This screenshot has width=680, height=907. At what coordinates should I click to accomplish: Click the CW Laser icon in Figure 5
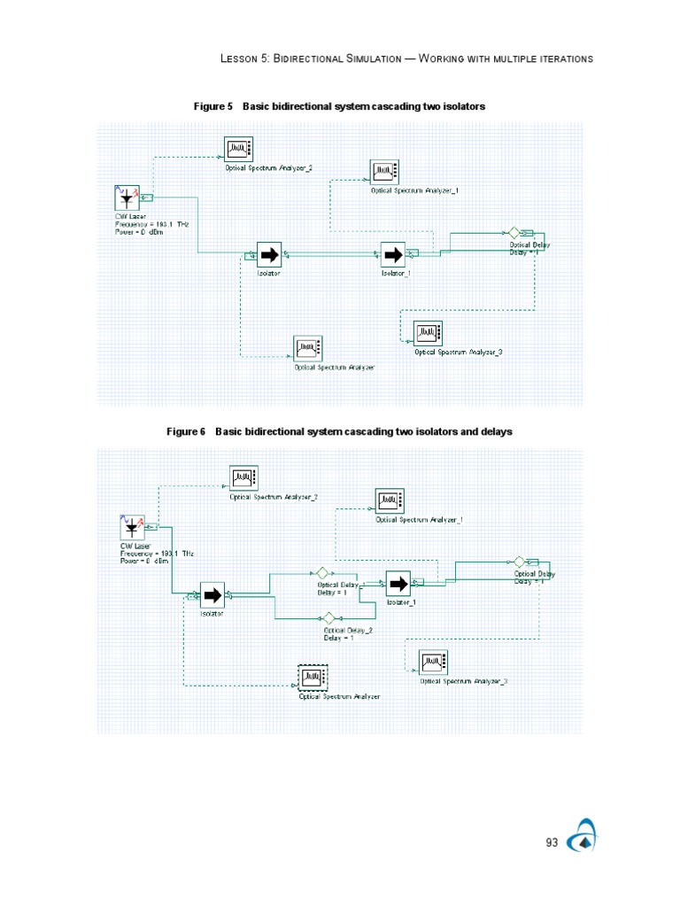[x=127, y=198]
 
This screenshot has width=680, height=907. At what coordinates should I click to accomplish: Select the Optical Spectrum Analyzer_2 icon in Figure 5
[x=238, y=148]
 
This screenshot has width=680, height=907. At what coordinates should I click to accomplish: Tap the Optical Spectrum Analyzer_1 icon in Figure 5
[x=384, y=171]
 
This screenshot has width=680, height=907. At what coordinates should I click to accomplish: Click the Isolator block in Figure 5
[x=268, y=255]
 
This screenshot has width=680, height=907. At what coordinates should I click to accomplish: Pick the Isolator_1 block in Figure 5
[x=392, y=255]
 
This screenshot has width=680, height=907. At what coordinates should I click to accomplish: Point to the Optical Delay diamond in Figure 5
[x=513, y=232]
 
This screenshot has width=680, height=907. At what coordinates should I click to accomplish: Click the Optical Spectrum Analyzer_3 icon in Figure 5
[x=428, y=333]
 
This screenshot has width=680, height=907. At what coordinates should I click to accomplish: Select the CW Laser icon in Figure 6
[x=132, y=528]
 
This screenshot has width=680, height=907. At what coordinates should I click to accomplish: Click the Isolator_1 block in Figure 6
[x=398, y=584]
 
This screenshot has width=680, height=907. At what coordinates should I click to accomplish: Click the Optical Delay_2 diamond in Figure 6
[x=328, y=617]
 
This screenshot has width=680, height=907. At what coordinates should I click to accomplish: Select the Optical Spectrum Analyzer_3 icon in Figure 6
[x=433, y=663]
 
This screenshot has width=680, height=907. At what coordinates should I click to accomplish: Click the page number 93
[x=552, y=842]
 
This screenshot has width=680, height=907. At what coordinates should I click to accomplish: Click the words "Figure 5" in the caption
[x=212, y=106]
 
